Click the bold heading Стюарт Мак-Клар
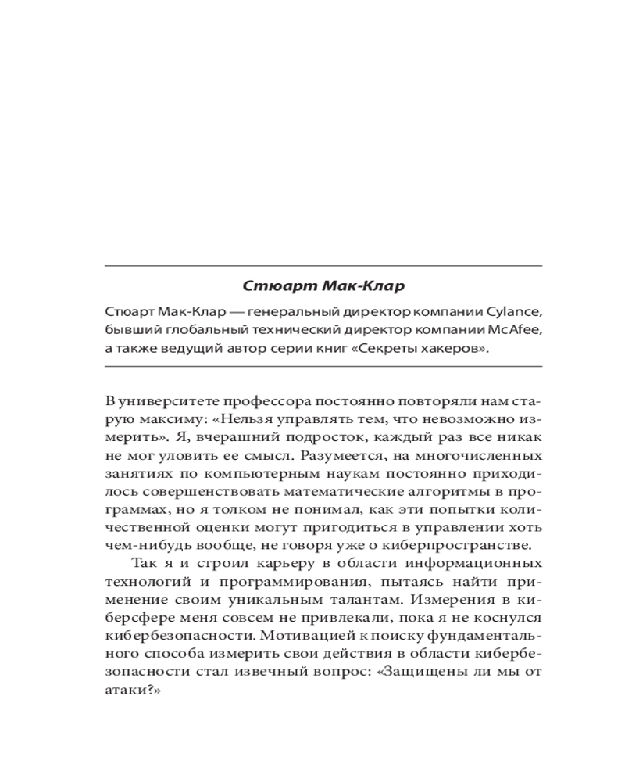click(323, 286)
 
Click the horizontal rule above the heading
click(323, 267)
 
